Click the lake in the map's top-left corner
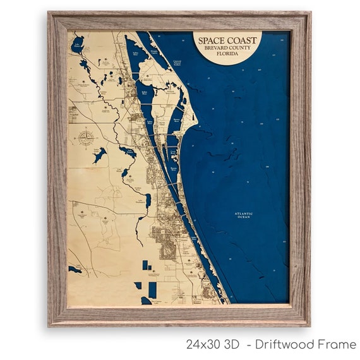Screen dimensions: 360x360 [78, 45]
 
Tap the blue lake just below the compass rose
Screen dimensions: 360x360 [99, 155]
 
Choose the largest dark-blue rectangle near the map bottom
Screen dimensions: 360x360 [152, 290]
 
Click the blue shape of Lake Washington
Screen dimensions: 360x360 [147, 201]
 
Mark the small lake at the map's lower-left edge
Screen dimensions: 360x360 [75, 269]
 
